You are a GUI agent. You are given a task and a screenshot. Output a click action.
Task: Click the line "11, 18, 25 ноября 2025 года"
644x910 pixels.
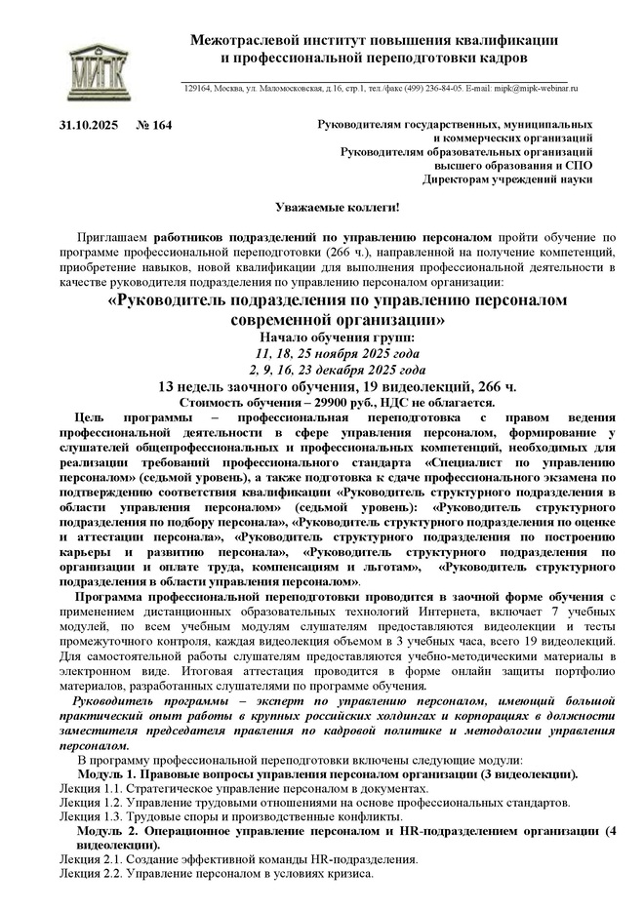[337, 354]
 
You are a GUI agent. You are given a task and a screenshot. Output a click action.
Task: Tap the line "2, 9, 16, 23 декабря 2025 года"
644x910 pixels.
[337, 370]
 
